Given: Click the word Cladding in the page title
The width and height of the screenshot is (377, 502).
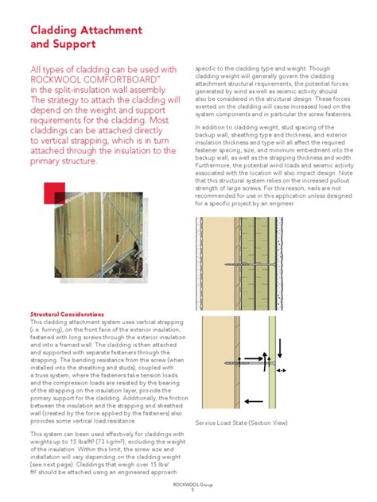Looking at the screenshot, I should [x=57, y=30].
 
